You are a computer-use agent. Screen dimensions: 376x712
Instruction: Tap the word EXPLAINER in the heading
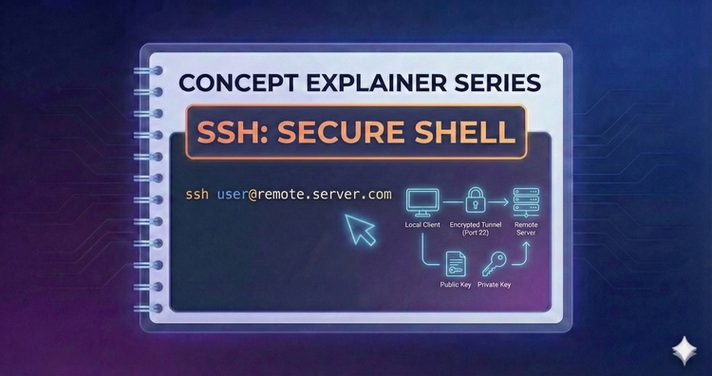356,82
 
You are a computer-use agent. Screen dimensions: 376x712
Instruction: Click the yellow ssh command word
197,194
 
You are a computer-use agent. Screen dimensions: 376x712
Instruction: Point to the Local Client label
421,225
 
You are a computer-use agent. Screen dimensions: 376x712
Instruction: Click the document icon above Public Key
455,263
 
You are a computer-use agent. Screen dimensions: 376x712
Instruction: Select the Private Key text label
495,285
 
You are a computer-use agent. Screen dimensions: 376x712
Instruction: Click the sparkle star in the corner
681,348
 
